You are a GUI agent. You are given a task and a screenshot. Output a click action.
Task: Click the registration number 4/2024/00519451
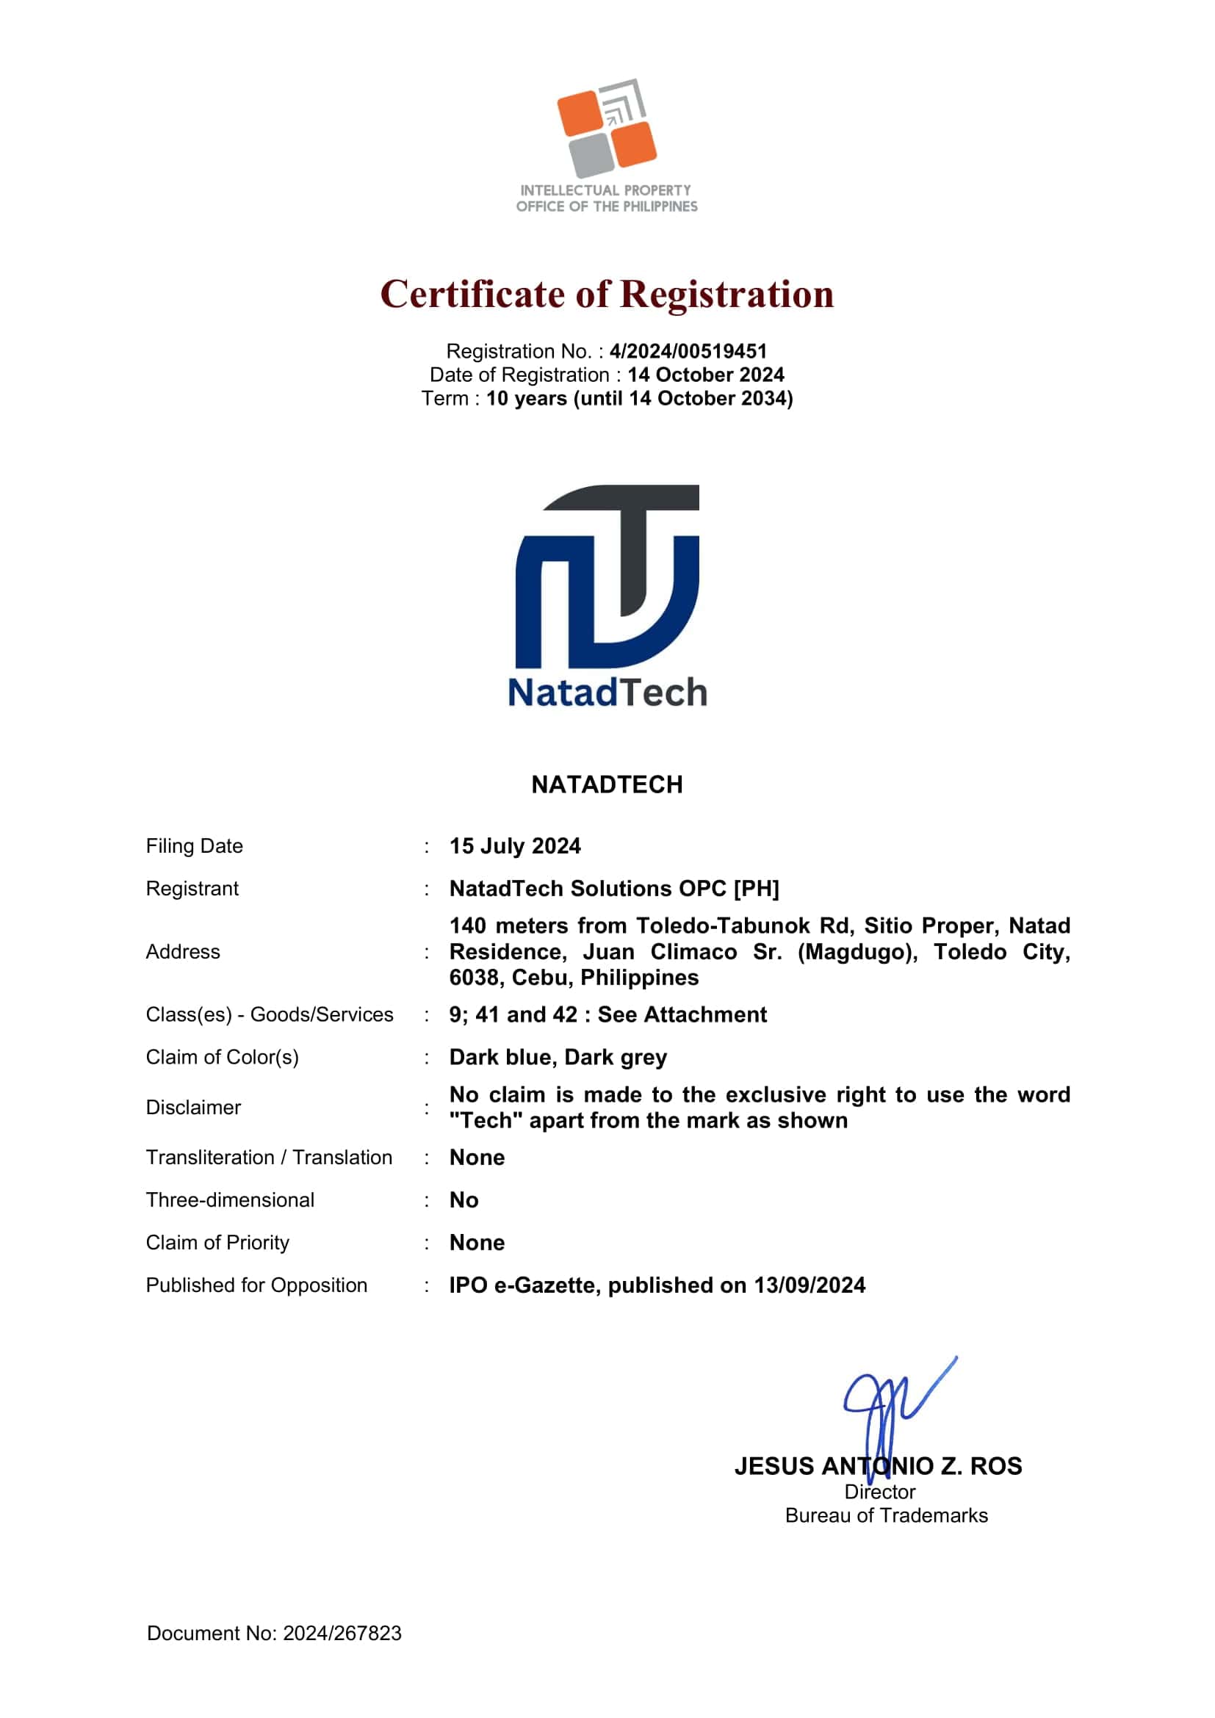(688, 351)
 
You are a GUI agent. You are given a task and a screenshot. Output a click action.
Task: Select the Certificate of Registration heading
(607, 294)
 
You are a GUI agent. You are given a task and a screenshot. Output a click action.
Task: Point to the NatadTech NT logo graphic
(607, 576)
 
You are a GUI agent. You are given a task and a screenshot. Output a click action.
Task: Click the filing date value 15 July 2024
(515, 845)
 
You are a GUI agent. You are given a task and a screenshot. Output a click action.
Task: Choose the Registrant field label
(192, 888)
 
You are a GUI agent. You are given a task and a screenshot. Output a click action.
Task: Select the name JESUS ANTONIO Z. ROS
(878, 1466)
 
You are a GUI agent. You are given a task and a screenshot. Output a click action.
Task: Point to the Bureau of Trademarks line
(887, 1515)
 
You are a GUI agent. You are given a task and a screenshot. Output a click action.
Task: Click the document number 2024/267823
(342, 1633)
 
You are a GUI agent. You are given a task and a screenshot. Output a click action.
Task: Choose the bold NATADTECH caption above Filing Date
(607, 784)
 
